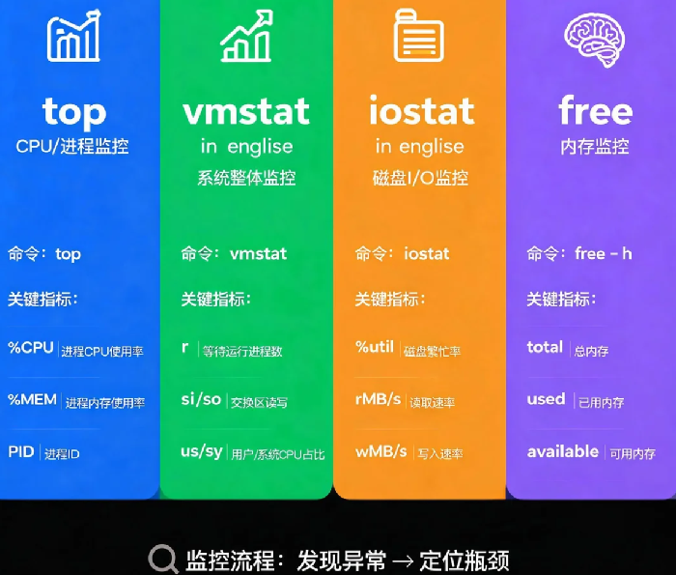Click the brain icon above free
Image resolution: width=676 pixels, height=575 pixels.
tap(595, 39)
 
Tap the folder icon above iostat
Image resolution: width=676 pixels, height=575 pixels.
tap(419, 36)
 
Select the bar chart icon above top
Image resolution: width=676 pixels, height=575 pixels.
tap(73, 36)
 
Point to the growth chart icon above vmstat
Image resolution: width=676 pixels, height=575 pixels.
tap(246, 36)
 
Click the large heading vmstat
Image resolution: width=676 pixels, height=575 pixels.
tap(246, 111)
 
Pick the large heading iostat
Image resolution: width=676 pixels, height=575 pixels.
tap(422, 110)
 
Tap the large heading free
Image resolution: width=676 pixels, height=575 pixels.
tap(596, 110)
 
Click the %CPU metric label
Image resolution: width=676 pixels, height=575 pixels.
tap(31, 348)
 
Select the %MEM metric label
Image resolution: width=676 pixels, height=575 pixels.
tap(32, 399)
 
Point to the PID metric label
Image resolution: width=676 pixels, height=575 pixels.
tap(21, 451)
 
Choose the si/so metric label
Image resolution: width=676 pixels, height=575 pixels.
tap(201, 399)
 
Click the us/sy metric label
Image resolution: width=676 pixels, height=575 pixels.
tap(202, 452)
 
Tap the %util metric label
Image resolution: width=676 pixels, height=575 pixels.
tap(375, 347)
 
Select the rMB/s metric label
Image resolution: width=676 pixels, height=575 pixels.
tap(379, 399)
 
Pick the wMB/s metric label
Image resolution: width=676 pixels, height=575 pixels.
tap(381, 451)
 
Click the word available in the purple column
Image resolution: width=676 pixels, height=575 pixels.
tap(563, 451)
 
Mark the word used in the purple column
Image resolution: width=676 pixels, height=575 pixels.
tap(546, 399)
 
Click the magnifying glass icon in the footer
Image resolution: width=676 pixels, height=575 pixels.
tap(162, 560)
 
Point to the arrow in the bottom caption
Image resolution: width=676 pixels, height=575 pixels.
tap(403, 561)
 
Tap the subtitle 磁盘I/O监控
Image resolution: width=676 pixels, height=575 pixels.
tap(420, 178)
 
